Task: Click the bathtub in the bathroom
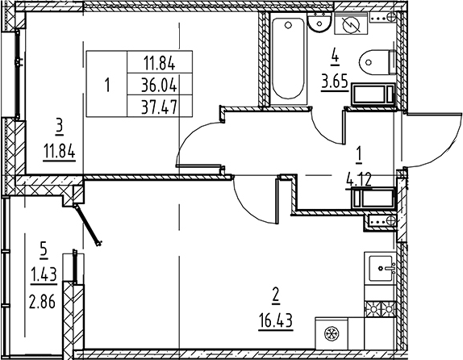288,59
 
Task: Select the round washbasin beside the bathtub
319,22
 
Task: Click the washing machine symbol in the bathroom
351,24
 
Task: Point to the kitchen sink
380,268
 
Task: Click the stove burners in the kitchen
380,309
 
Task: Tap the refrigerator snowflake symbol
332,333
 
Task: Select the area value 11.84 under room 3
60,152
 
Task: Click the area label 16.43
276,320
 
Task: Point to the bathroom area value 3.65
335,82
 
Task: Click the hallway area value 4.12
359,180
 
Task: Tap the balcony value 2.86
42,302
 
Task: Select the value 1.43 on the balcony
44,275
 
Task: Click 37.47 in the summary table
160,107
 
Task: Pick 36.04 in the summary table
160,86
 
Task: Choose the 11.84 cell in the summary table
160,63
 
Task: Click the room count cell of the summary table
107,85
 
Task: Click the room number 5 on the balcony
44,251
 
